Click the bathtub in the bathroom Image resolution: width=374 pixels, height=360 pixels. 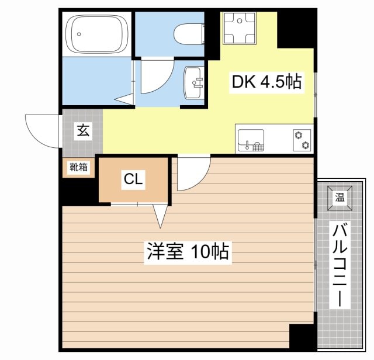[97, 34]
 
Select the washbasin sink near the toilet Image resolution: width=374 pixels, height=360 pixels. [193, 82]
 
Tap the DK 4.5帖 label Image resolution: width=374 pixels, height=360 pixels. [266, 82]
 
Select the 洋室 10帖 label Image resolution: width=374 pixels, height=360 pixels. [187, 252]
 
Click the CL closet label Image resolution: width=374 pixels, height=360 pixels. [133, 180]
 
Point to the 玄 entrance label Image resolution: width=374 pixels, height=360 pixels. [82, 131]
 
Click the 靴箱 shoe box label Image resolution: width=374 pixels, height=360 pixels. [79, 167]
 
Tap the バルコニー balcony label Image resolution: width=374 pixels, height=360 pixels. [340, 265]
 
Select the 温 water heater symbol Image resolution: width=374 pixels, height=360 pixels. [340, 197]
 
